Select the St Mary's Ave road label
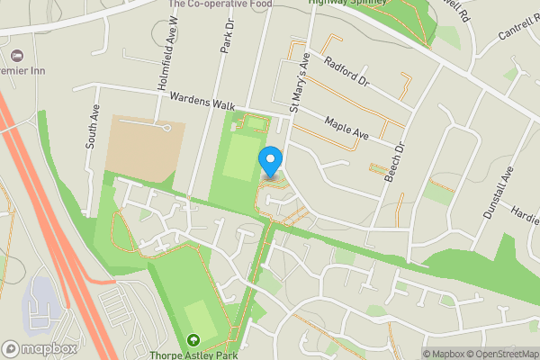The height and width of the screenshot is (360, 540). (299, 82)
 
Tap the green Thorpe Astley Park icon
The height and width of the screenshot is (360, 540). (193, 340)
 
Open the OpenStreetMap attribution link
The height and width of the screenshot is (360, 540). (501, 354)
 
